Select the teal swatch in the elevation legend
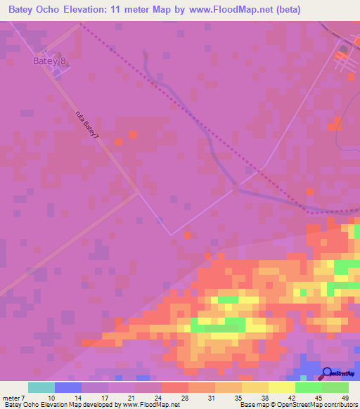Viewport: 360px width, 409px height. tap(41, 387)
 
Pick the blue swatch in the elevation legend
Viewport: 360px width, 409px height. tap(68, 387)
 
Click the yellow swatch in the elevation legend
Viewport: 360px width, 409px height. tap(282, 387)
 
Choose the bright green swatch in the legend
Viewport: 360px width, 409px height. tap(309, 387)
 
